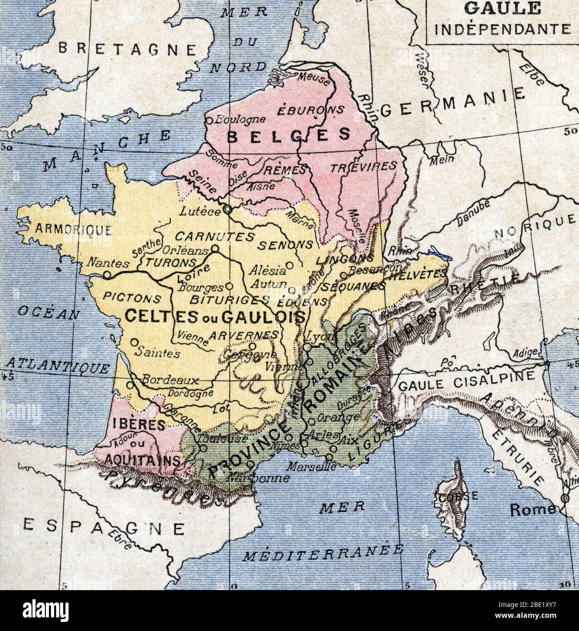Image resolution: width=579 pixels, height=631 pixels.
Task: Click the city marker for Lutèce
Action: [227, 210]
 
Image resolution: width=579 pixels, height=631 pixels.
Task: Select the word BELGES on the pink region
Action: [288, 135]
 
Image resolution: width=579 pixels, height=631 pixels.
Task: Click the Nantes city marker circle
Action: [107, 275]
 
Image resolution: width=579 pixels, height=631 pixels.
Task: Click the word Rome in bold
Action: [533, 509]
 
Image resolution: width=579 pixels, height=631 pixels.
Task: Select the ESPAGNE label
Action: [104, 526]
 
